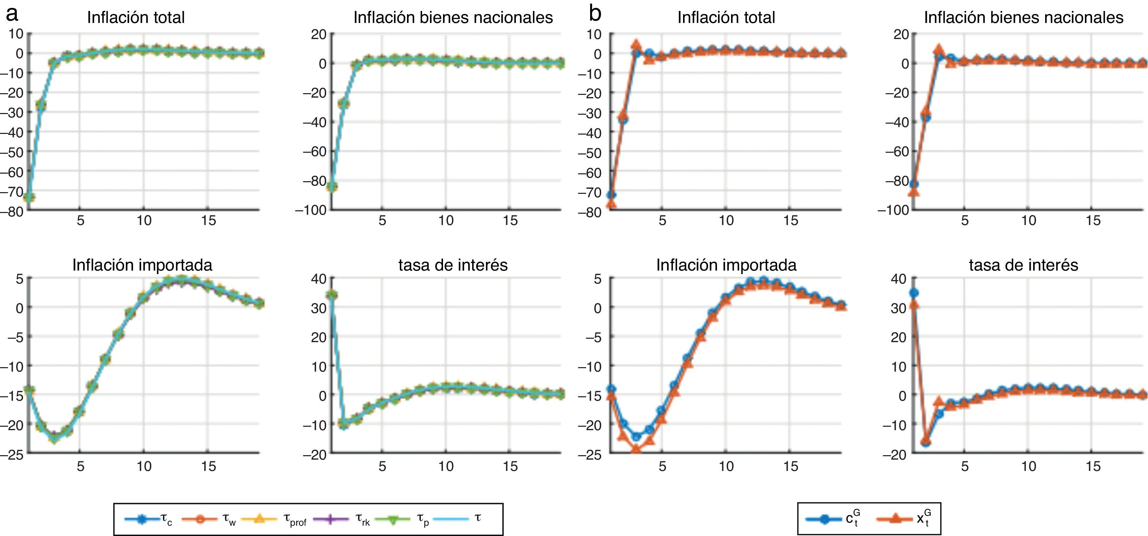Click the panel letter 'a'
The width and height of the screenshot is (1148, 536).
(x=12, y=14)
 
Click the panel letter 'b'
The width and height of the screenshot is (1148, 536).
(x=595, y=14)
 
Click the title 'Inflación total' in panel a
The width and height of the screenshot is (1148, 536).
(x=135, y=18)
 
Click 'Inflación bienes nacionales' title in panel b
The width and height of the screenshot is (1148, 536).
(x=1023, y=18)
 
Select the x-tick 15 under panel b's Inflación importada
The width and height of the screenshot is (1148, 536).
(x=791, y=466)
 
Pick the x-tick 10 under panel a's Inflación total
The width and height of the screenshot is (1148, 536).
(x=144, y=220)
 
